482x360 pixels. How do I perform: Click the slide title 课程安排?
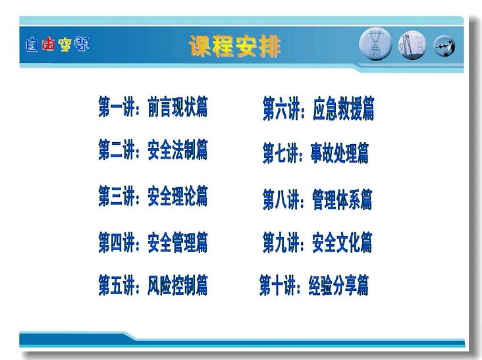tap(235, 46)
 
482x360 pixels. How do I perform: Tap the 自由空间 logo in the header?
tap(57, 45)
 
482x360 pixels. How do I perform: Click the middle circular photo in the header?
tap(412, 45)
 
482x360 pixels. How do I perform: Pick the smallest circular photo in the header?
tap(444, 46)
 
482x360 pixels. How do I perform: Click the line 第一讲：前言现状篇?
tap(153, 107)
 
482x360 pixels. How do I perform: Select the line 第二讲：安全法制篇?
tap(153, 149)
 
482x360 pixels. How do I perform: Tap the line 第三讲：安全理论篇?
tap(153, 195)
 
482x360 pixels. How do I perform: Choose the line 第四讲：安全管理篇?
tap(153, 242)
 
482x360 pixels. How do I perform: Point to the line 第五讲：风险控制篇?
tap(153, 286)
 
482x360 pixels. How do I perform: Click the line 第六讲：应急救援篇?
tap(319, 108)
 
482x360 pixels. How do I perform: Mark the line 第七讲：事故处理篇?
tap(315, 153)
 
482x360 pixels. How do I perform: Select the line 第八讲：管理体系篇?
tap(317, 199)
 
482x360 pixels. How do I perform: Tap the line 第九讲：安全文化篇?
tap(317, 242)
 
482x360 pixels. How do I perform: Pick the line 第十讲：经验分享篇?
tap(314, 286)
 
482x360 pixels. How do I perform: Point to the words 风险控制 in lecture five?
tap(171, 286)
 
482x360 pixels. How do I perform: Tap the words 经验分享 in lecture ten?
tap(333, 286)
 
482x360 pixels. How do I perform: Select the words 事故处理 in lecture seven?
tap(334, 153)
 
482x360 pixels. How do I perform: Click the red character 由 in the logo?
tap(48, 44)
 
